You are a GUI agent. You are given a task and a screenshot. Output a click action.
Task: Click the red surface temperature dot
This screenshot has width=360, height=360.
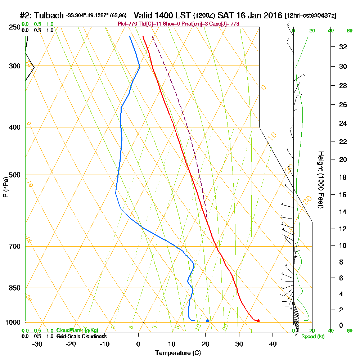(258, 320)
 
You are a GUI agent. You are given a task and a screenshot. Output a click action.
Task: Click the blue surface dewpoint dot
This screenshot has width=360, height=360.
(208, 320)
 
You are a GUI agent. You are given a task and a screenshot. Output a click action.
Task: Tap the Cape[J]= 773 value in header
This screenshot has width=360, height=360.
(228, 24)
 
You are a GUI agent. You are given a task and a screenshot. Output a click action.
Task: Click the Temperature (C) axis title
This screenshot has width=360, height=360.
(178, 353)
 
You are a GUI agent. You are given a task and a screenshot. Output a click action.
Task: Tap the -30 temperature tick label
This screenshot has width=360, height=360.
(37, 344)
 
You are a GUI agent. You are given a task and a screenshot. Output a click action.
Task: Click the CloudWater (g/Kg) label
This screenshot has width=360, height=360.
(77, 330)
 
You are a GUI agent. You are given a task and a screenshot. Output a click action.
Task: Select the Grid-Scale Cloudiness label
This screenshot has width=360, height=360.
(81, 336)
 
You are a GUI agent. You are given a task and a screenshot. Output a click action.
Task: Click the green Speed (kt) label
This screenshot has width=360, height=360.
(313, 336)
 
